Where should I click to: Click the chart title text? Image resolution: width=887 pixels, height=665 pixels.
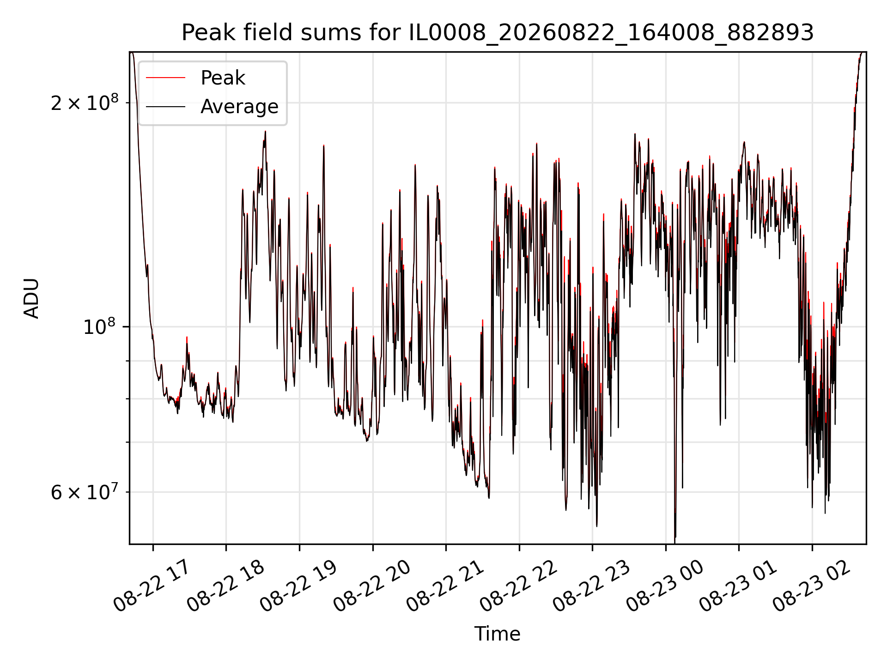pos(498,33)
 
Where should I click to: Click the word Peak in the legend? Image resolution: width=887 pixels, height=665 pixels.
pos(223,78)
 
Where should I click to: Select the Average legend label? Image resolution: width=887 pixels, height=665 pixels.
pos(239,107)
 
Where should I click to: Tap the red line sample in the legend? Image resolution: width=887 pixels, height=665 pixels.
pos(166,78)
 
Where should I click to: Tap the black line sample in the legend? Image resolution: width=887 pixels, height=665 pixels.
pos(166,107)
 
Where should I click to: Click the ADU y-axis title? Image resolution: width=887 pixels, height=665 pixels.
pos(32,298)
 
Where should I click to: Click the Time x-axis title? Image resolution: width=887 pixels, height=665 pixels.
pos(498,634)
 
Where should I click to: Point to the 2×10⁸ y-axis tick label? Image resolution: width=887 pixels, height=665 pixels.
pos(84,103)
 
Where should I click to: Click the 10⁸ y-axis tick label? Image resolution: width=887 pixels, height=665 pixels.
pos(100,326)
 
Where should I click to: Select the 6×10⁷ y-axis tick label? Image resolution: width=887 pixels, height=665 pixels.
pos(84,492)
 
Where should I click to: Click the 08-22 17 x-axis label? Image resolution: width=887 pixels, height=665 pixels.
pos(152,586)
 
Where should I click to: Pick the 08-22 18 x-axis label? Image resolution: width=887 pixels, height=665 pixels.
pos(225,586)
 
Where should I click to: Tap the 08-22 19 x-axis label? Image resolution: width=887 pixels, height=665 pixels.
pos(298,586)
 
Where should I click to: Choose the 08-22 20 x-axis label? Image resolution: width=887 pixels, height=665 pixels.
pos(371,586)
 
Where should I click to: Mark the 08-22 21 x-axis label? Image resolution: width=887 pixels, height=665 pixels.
pos(445,586)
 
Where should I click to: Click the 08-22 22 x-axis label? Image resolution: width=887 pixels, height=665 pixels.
pos(518,586)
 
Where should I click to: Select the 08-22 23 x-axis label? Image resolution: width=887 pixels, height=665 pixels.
pos(591,586)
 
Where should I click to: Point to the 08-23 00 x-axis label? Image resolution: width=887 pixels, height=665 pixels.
pos(665,586)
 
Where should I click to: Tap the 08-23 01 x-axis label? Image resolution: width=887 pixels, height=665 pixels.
pos(738,586)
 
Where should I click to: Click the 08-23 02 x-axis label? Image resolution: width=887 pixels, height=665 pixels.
pos(811,586)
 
